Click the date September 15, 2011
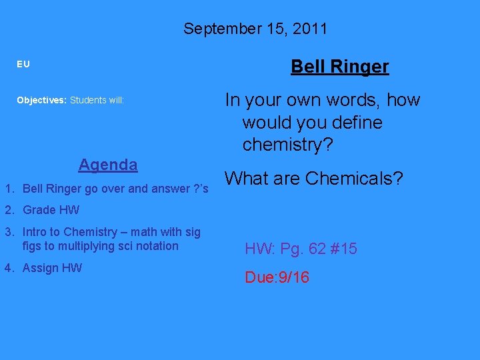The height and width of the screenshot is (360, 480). click(x=255, y=29)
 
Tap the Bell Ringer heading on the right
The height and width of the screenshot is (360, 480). click(x=339, y=67)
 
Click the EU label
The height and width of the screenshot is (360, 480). click(x=23, y=65)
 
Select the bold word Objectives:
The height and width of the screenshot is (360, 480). click(x=42, y=101)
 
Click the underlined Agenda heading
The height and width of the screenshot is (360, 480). click(x=108, y=164)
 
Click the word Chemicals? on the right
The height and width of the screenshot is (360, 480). click(x=354, y=179)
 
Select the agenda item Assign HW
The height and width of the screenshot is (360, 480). click(x=52, y=268)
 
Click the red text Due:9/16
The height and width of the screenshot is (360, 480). click(x=277, y=277)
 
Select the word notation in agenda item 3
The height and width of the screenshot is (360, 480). click(x=156, y=246)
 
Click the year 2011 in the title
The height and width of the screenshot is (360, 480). click(x=309, y=29)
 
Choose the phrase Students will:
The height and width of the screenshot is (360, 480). click(x=97, y=101)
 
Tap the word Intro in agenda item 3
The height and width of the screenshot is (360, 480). click(x=35, y=232)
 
